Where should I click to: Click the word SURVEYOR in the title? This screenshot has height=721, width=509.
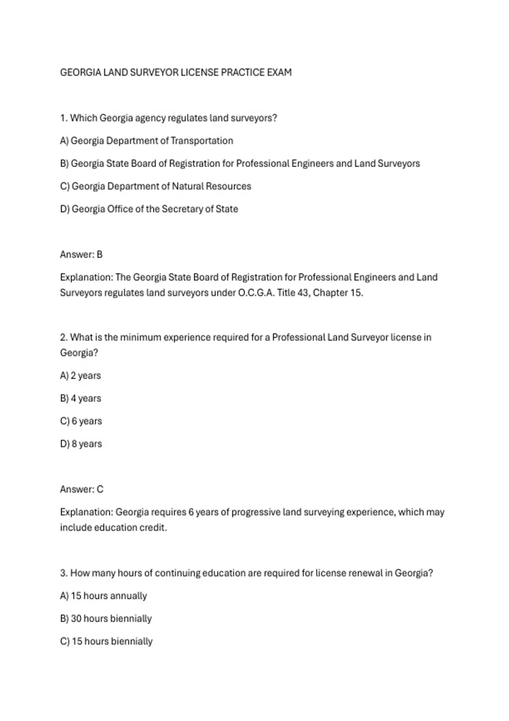click(154, 73)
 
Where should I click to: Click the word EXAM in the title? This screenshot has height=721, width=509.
click(279, 73)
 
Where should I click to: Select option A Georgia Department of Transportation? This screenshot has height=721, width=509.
click(146, 141)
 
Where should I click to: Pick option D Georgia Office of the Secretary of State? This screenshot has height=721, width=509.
click(149, 209)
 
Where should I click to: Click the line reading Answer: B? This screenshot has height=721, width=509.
click(81, 254)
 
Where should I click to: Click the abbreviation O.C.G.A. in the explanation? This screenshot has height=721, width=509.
click(256, 293)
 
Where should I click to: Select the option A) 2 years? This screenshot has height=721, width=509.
click(81, 376)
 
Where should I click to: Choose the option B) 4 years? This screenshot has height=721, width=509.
click(81, 399)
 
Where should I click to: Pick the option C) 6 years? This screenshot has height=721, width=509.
click(81, 421)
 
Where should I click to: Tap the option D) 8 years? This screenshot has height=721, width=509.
click(81, 444)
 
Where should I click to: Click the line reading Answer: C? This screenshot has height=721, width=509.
click(81, 489)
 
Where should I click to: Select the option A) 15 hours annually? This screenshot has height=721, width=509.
click(103, 596)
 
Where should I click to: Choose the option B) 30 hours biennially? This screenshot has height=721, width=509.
click(106, 619)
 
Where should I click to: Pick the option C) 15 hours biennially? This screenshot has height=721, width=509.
click(106, 641)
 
